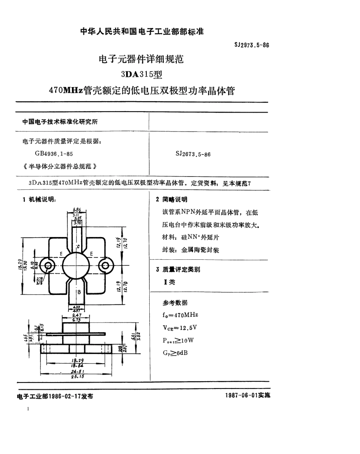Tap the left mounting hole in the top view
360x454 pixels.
pyautogui.click(x=48, y=265)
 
